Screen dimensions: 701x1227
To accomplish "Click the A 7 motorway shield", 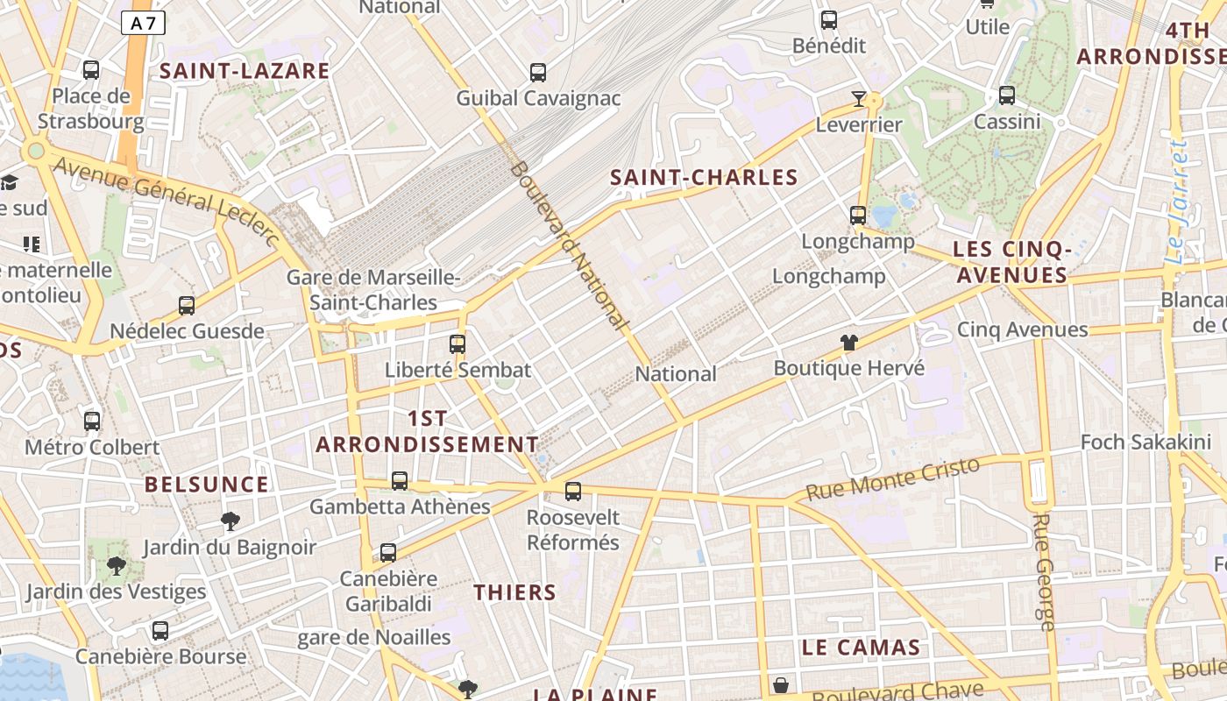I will (x=143, y=23).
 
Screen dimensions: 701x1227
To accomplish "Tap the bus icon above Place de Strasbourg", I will (x=91, y=70).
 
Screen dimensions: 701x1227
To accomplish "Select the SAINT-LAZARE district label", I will (x=245, y=71).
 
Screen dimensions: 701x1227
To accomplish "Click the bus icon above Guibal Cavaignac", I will (x=538, y=73).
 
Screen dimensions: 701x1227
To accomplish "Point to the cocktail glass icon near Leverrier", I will (x=859, y=99).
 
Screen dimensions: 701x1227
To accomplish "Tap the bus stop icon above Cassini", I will (x=1007, y=96).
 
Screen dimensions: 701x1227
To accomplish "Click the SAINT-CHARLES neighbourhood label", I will (x=704, y=178).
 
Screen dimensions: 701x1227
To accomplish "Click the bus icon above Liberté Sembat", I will (x=457, y=344).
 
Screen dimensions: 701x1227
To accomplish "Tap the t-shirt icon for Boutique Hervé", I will (x=848, y=343).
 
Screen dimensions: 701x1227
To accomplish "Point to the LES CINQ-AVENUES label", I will (x=1011, y=262).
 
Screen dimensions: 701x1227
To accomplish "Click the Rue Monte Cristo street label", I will (x=892, y=478).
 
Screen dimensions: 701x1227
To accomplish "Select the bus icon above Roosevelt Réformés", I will (x=573, y=492).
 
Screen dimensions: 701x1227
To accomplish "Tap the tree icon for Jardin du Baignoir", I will (x=231, y=522).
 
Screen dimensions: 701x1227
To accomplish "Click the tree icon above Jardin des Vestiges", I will (x=116, y=566).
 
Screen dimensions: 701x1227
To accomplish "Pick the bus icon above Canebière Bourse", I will (x=160, y=631).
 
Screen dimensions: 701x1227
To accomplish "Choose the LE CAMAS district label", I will (x=861, y=648).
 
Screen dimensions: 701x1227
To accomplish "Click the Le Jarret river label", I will (x=1178, y=202).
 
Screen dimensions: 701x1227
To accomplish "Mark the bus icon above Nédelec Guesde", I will (x=187, y=306).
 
